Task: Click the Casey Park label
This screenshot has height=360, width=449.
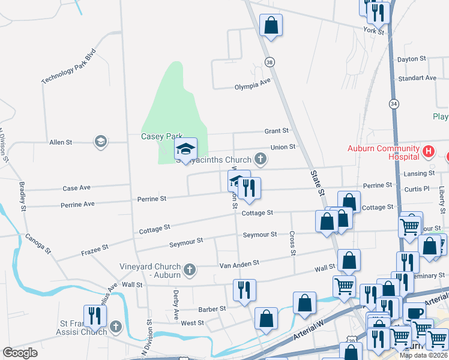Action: click(x=161, y=137)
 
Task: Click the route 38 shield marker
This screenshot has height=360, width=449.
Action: click(x=270, y=62)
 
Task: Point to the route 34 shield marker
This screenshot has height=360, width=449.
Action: click(x=394, y=103)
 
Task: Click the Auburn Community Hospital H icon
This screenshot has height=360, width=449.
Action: click(x=428, y=151)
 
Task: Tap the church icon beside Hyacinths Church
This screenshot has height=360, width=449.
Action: click(x=260, y=159)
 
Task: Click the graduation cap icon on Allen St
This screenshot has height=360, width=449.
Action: click(x=100, y=142)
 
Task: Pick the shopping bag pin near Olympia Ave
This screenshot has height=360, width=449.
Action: click(x=271, y=25)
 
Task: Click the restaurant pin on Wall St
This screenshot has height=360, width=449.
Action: click(x=244, y=290)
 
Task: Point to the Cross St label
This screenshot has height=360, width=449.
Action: click(x=292, y=243)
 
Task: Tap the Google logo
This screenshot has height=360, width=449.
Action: click(x=20, y=353)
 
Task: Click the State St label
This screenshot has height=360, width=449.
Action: click(x=317, y=184)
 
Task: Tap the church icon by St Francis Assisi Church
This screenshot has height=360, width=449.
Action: click(x=116, y=328)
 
